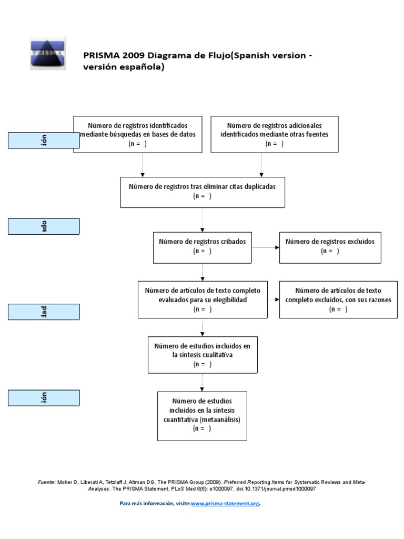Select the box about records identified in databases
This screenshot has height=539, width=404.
click(x=138, y=134)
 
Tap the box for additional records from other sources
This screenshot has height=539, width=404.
click(x=274, y=134)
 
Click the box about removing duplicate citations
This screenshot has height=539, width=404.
click(x=203, y=192)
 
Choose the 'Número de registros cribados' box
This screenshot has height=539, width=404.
click(x=203, y=247)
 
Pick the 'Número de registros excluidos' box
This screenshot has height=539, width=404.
click(x=330, y=247)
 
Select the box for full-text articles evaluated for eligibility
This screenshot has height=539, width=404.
click(x=203, y=300)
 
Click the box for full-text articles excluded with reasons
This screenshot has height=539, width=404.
click(x=338, y=300)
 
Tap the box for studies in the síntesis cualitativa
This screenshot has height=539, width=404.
click(x=203, y=355)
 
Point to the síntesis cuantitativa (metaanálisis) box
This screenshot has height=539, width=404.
click(x=202, y=415)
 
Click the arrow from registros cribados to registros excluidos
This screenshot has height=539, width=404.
click(x=265, y=247)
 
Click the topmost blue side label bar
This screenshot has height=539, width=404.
click(x=44, y=141)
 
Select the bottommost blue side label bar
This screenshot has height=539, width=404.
click(x=44, y=398)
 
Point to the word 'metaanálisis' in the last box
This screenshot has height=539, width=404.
click(x=221, y=420)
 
